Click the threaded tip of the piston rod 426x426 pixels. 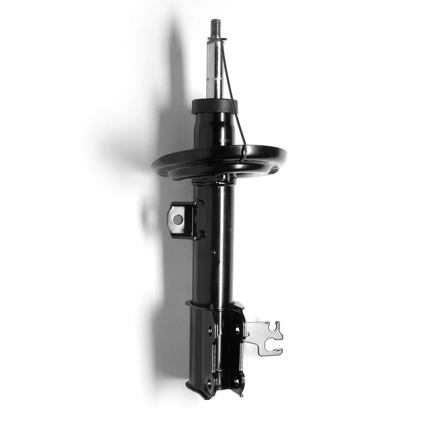(x=216, y=26)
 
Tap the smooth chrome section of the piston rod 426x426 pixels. (x=215, y=69)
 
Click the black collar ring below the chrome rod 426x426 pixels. (x=215, y=106)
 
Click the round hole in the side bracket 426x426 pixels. (x=177, y=219)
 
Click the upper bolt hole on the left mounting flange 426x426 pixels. (x=210, y=330)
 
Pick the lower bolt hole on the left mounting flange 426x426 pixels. (x=209, y=382)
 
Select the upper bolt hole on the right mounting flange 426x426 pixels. (x=237, y=330)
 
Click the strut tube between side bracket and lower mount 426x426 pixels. (x=213, y=266)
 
